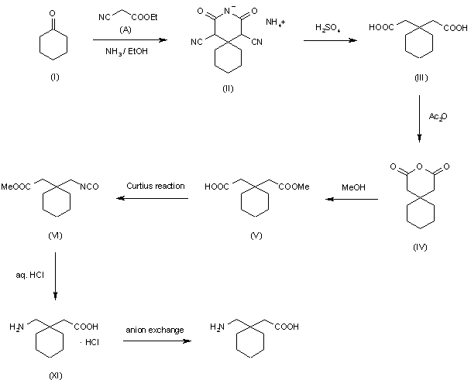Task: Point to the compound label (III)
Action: (x=421, y=78)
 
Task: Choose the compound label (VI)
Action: (x=54, y=235)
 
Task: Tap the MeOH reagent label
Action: (x=353, y=186)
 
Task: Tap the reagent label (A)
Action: (x=126, y=29)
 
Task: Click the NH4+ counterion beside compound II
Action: (x=276, y=22)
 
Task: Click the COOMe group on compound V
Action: (x=294, y=187)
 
